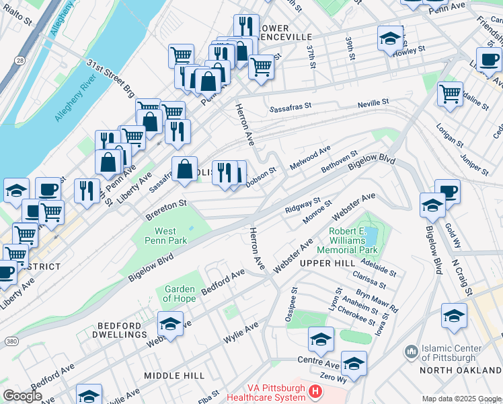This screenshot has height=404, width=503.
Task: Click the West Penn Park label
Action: (x=165, y=236)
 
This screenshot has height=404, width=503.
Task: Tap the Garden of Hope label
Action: (x=180, y=294)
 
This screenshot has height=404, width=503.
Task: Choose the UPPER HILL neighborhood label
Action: (x=327, y=263)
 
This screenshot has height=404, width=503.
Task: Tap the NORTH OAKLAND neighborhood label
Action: (x=461, y=370)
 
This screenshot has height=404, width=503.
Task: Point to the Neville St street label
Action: (x=375, y=102)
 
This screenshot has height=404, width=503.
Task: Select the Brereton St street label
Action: (x=165, y=209)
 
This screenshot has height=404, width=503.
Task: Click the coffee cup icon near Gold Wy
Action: (x=447, y=191)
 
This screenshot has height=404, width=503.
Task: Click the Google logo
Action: (x=22, y=396)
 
